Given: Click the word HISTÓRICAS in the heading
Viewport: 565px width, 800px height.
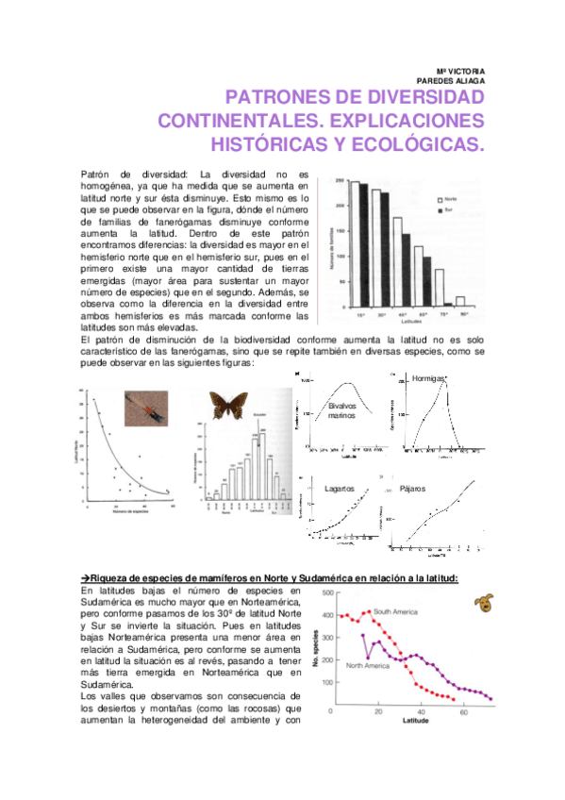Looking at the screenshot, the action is (x=264, y=145).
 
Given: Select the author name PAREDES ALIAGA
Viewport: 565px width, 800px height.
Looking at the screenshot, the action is (x=456, y=81).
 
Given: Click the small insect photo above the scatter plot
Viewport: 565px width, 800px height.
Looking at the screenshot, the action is (x=148, y=408).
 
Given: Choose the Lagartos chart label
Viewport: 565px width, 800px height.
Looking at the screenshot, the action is (x=339, y=490).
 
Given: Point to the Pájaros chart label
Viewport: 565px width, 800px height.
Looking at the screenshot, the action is (x=413, y=489).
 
